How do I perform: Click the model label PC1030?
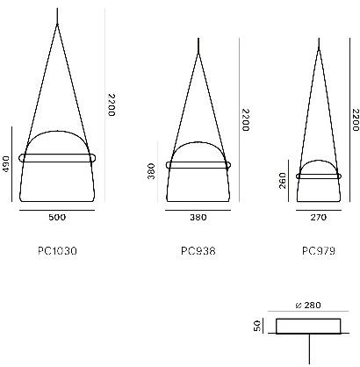pos(57,251)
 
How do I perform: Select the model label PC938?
pos(198,251)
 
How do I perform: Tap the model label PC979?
pos(319,251)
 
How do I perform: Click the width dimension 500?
pos(57,217)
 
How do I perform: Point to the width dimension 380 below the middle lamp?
pos(198,217)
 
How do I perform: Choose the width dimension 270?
pos(319,217)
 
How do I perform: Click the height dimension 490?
pos(6,164)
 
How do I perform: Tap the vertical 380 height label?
pos(151,171)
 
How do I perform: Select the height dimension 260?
pos(283,181)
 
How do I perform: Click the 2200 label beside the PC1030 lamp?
pos(112,104)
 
